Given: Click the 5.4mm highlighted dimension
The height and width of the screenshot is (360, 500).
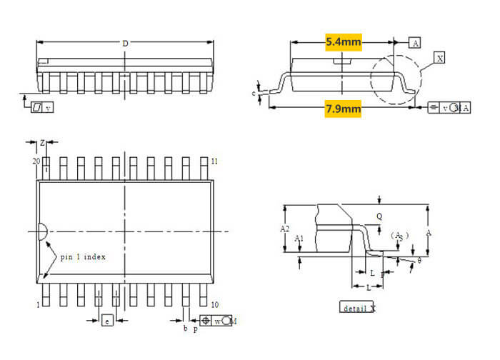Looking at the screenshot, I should coord(344,42).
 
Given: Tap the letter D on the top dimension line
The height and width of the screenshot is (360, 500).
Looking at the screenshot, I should coord(126,44).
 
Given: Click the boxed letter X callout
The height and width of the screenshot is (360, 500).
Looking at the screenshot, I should coord(439,58).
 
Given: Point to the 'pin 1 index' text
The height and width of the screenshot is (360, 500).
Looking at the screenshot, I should coord(83,256).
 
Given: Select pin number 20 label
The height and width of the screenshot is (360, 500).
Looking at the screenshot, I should coord(36,162).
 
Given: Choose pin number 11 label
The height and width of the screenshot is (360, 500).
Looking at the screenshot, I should coord(214,161).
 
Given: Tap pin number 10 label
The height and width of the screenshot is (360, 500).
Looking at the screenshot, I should coord(214,305).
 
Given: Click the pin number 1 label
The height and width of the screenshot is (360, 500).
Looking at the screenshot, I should coord(38,305).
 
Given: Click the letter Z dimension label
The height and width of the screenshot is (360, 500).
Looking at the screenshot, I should coord(42,143).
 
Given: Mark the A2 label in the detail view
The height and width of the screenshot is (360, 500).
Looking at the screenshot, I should coord(284,229).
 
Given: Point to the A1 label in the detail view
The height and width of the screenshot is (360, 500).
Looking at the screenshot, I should coord(300,238).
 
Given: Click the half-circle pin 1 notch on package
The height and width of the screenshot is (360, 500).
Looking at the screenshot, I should coord(42,231).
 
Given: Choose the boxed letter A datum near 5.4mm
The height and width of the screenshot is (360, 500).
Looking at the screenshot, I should coord(415,42).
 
